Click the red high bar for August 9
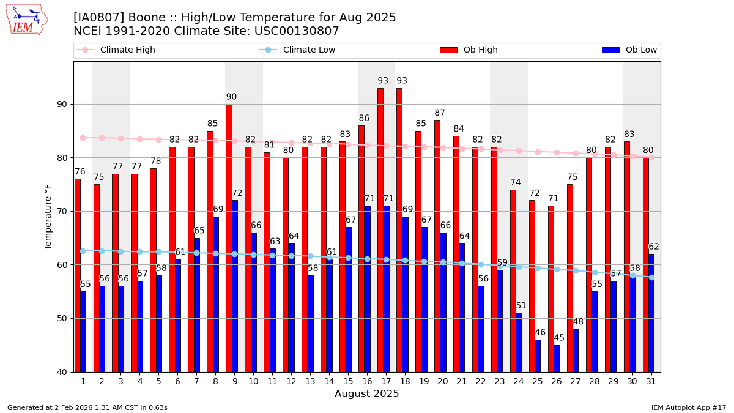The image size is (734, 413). click(x=229, y=239)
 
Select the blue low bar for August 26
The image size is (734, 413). click(x=557, y=359)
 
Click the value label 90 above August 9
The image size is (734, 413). click(x=231, y=97)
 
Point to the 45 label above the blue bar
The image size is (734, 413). click(x=559, y=338)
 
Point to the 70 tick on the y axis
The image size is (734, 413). click(x=61, y=211)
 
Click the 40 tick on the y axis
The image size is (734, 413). click(x=61, y=372)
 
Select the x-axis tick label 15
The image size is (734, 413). click(x=348, y=381)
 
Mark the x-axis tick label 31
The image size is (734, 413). click(x=651, y=381)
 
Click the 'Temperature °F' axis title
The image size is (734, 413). click(x=49, y=217)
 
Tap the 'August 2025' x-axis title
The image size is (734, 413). click(x=366, y=394)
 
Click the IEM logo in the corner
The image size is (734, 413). click(x=27, y=20)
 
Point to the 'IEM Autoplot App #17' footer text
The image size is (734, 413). click(x=689, y=407)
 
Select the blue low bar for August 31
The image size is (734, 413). click(x=651, y=313)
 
